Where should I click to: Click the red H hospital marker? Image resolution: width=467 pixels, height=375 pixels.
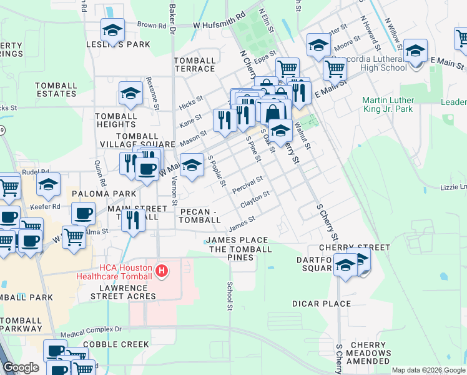(x=162, y=271)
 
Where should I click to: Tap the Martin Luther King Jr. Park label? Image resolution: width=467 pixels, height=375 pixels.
(x=395, y=104)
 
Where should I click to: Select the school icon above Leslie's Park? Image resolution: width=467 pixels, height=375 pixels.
(x=113, y=29)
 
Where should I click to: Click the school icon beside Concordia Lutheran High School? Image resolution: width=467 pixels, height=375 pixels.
(x=415, y=51)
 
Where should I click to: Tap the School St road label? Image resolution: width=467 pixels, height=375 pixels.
(x=230, y=295)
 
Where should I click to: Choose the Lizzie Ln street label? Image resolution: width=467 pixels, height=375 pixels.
(x=454, y=187)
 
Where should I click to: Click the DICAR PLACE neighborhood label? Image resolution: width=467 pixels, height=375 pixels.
(x=322, y=304)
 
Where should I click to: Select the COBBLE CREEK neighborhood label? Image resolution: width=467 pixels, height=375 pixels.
(x=116, y=344)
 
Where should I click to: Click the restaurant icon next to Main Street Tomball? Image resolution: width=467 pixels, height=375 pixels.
(x=134, y=220)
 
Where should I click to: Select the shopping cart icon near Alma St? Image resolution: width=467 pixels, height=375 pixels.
(x=74, y=237)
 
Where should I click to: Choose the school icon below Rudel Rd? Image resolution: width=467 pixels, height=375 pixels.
(x=48, y=184)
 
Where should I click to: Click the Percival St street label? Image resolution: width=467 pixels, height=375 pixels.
(x=247, y=184)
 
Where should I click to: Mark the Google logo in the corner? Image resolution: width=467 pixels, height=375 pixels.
(x=21, y=367)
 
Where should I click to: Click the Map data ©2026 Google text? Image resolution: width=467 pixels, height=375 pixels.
(x=428, y=370)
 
